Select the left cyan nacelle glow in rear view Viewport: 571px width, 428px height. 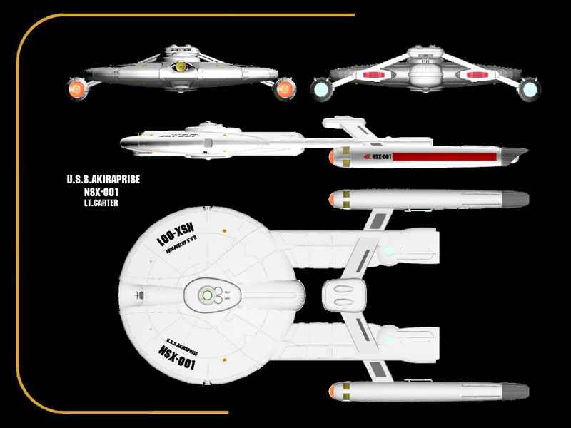click(320, 88)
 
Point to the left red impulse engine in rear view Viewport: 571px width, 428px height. click(374, 74)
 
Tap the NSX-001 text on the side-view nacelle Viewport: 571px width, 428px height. click(377, 156)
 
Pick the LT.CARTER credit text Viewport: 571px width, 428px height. click(99, 203)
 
